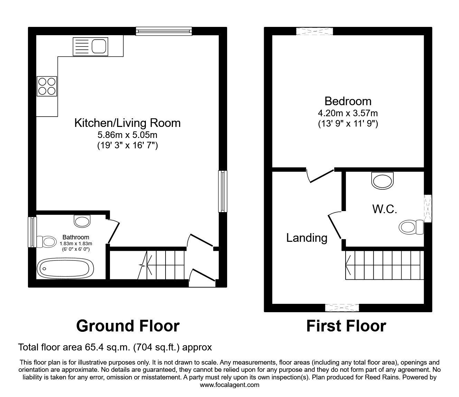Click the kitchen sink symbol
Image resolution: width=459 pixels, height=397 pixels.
(x=90, y=47)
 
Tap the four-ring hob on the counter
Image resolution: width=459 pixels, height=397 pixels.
(x=47, y=86)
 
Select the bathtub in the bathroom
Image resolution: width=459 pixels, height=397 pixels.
(x=65, y=268)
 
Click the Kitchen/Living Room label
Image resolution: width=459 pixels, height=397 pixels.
(x=127, y=123)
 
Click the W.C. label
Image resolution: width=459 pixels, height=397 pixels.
(x=384, y=209)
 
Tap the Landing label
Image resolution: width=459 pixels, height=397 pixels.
(x=307, y=238)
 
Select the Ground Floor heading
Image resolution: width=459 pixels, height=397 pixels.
(x=128, y=326)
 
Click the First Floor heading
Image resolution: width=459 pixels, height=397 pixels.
(x=346, y=326)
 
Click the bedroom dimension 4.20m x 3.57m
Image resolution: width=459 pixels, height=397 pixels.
(x=348, y=113)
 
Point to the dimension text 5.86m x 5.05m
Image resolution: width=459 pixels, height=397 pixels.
(x=128, y=135)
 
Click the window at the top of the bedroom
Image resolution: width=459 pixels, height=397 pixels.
(x=314, y=31)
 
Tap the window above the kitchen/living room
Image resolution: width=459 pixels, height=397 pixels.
(x=164, y=31)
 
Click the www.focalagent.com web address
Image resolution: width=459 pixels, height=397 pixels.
(x=230, y=385)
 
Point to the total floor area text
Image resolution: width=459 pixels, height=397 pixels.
(x=115, y=347)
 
